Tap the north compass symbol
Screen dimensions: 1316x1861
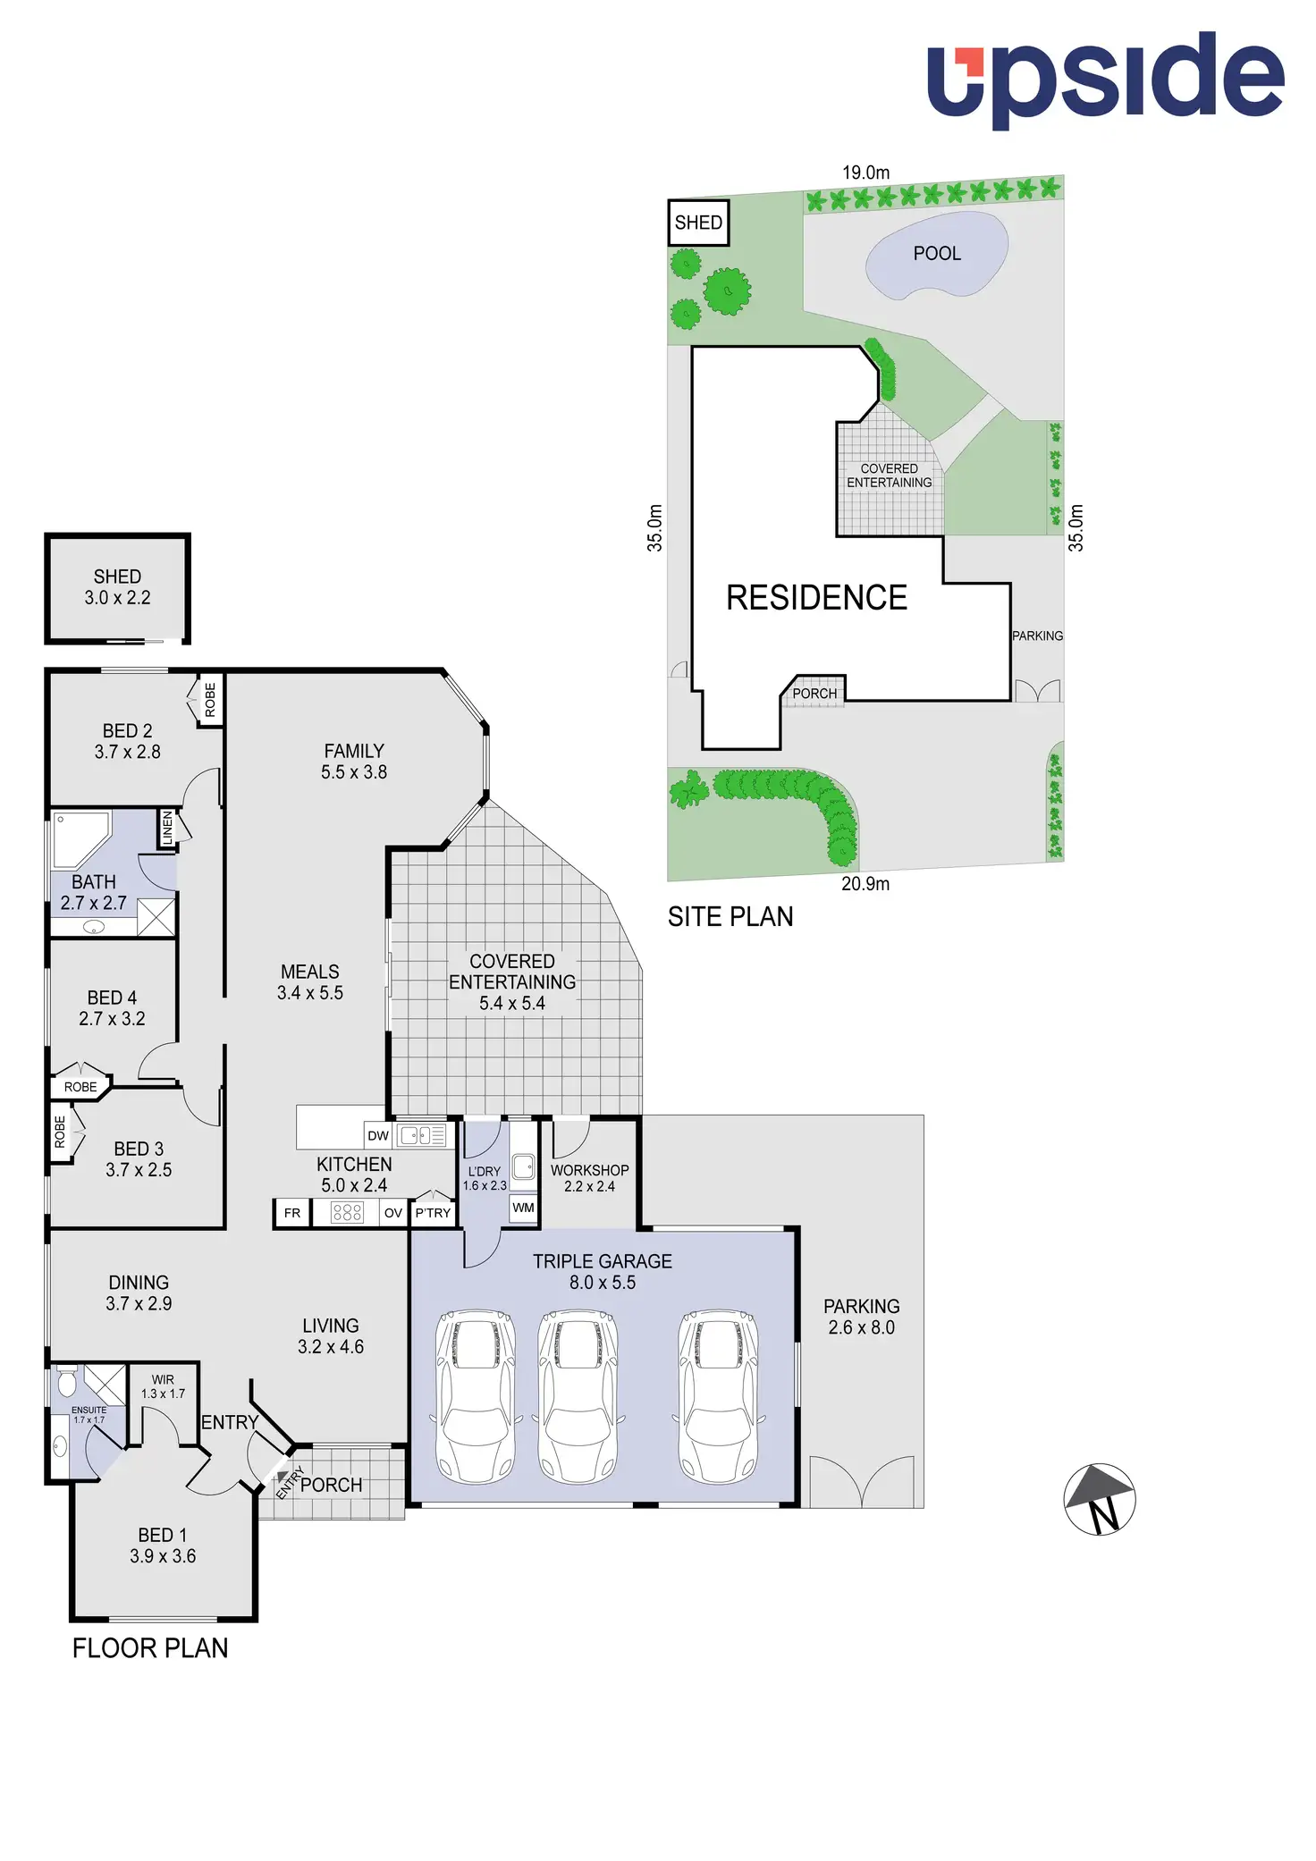[x=1100, y=1499]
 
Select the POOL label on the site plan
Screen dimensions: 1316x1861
[x=937, y=254]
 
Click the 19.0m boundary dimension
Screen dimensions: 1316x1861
[x=865, y=173]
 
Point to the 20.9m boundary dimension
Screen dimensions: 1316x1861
[x=865, y=884]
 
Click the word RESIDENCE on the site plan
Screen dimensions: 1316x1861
[x=816, y=598]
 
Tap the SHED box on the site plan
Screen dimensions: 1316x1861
[x=698, y=223]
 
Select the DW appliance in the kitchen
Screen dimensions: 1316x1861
[x=378, y=1136]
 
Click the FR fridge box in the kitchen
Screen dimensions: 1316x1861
[x=292, y=1213]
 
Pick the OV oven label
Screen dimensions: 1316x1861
[x=393, y=1213]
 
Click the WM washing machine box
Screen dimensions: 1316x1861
[x=523, y=1208]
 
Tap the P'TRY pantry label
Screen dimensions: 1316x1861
[x=433, y=1213]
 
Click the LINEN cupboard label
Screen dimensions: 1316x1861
[x=167, y=829]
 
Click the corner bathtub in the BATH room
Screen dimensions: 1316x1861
[x=79, y=838]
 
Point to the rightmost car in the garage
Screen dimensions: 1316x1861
[x=718, y=1397]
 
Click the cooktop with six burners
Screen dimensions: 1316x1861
[x=347, y=1212]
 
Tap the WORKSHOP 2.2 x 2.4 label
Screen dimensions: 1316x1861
[x=589, y=1178]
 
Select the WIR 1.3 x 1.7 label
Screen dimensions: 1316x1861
[x=163, y=1386]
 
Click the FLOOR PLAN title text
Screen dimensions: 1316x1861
[x=150, y=1648]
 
